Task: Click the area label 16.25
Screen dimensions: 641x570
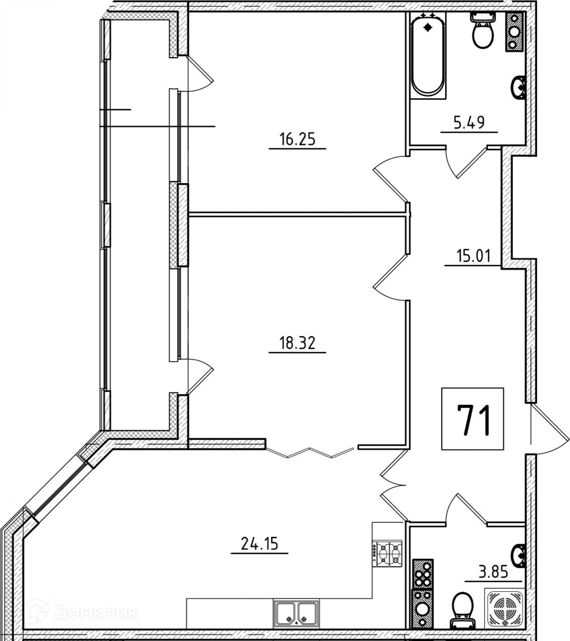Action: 297,139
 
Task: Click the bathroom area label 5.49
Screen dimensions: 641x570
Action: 469,123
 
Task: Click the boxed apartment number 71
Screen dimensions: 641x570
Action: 472,420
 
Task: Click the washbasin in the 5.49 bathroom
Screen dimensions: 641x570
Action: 518,88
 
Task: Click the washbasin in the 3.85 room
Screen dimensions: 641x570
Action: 518,554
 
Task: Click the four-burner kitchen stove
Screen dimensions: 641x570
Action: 389,553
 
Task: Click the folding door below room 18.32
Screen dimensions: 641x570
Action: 311,452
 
